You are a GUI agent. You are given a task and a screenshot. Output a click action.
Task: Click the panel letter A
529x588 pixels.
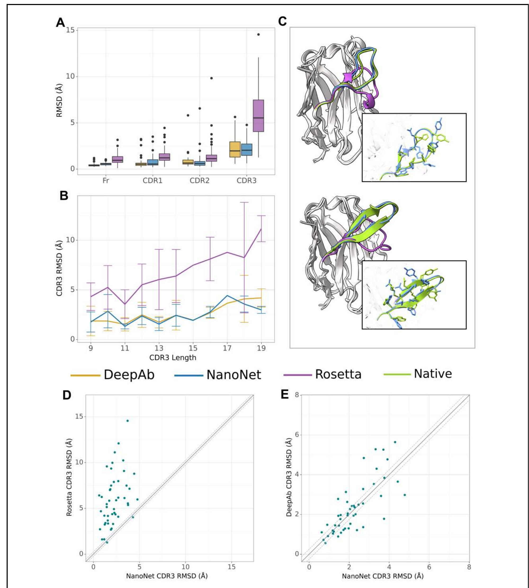point(60,23)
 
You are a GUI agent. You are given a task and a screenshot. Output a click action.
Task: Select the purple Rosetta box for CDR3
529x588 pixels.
point(258,116)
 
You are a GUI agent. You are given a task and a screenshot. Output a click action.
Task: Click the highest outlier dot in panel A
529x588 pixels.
point(258,35)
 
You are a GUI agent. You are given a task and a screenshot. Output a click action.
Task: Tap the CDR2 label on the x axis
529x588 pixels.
point(199,181)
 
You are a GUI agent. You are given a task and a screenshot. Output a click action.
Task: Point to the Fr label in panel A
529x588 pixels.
point(106,181)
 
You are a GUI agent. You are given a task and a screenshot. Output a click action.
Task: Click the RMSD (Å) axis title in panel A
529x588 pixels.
point(59,100)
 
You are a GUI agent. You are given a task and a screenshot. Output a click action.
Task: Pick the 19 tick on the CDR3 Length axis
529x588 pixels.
point(261,348)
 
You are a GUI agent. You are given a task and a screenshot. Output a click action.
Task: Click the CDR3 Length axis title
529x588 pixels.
point(173,358)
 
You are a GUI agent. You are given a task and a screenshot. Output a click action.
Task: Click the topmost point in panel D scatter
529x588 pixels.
point(127,421)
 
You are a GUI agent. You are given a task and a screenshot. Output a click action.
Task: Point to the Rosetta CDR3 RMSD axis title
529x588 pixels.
point(69,477)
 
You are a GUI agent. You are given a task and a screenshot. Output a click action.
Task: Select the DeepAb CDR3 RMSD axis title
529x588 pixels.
point(289,477)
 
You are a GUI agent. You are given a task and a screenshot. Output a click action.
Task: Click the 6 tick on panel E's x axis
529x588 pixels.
point(429,567)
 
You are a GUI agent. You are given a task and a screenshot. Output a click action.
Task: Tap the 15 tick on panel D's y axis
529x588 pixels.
point(79,417)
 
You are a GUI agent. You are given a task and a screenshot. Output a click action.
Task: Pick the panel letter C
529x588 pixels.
point(282,21)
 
